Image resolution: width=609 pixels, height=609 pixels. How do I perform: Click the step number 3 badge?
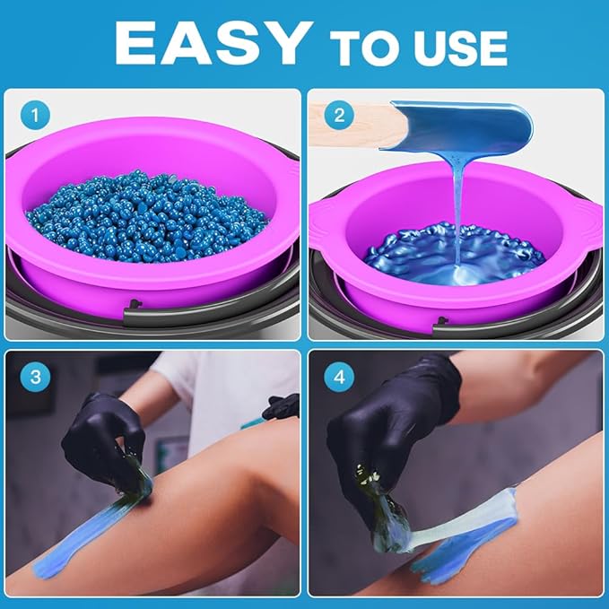(x=34, y=377)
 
